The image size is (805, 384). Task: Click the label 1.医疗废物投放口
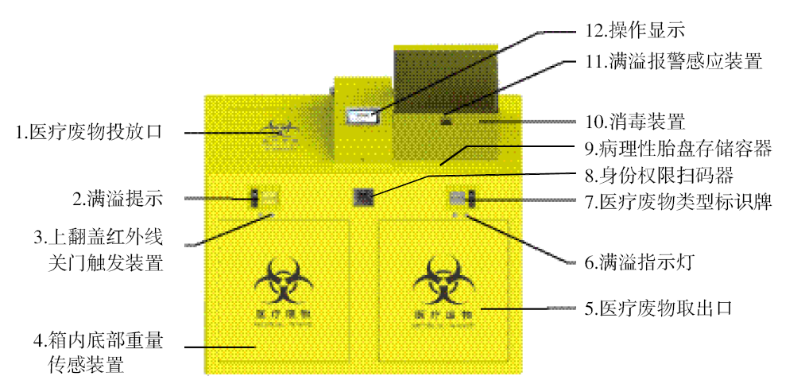point(89,132)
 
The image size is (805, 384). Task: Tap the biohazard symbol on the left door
point(283,281)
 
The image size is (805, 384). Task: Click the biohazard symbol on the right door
point(441,281)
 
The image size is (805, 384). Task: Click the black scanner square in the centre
point(363,197)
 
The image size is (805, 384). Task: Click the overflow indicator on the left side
point(266,198)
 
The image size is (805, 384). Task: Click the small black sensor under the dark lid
point(447,122)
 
